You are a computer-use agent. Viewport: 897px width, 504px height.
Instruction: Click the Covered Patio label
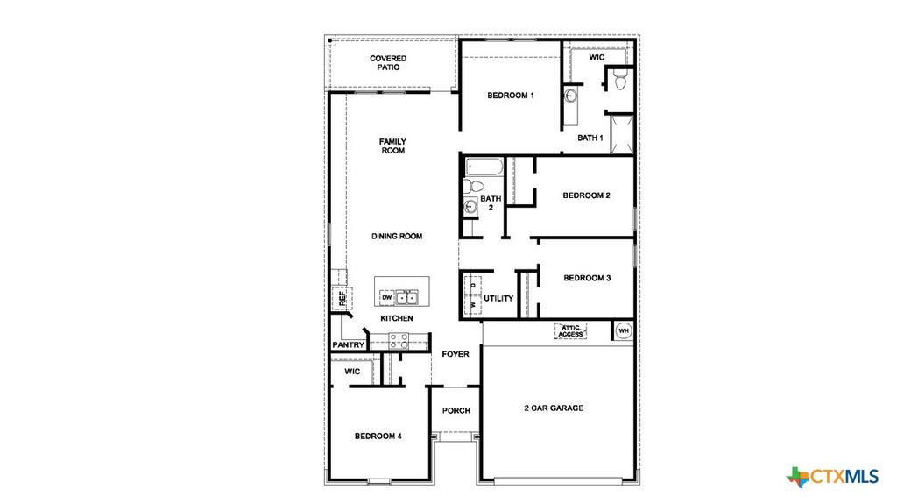[x=387, y=63]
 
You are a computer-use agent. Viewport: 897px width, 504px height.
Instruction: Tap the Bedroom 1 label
[x=511, y=96]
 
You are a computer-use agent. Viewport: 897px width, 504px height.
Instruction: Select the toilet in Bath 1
[x=620, y=82]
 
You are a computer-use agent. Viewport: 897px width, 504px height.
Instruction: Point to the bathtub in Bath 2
[x=483, y=167]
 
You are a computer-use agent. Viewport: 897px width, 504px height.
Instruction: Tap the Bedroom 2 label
[x=586, y=195]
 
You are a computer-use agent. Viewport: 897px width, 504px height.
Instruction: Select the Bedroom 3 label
[x=587, y=278]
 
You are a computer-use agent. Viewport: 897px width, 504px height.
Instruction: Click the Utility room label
[x=498, y=299]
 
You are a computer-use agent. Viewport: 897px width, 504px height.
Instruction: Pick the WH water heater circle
[x=624, y=330]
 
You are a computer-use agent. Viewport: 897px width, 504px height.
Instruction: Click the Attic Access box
[x=570, y=330]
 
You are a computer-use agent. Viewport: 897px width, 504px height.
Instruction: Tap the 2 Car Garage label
[x=554, y=408]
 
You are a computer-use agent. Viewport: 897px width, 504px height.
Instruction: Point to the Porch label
[x=456, y=410]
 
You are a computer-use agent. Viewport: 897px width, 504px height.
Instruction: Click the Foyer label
[x=455, y=354]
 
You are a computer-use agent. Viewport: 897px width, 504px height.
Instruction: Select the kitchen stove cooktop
[x=399, y=340]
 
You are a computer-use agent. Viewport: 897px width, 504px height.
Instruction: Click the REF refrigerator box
[x=340, y=298]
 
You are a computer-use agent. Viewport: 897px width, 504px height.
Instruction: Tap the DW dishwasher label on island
[x=385, y=298]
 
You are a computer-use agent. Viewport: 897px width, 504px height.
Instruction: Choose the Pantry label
[x=348, y=345]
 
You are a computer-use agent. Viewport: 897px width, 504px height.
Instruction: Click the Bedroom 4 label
[x=378, y=436]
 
